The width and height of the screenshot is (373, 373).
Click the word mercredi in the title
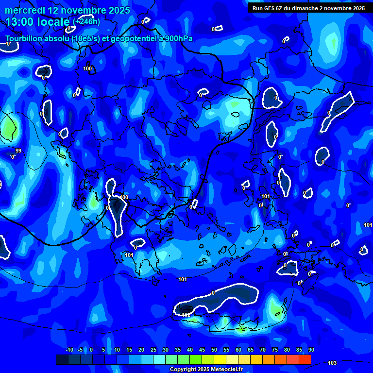pyautogui.click(x=24, y=10)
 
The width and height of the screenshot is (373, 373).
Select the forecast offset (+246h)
pyautogui.click(x=86, y=22)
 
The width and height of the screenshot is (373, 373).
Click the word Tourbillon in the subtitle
pyautogui.click(x=24, y=38)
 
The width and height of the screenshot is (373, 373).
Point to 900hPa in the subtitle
pyautogui.click(x=179, y=38)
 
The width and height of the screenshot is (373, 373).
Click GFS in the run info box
pyautogui.click(x=270, y=8)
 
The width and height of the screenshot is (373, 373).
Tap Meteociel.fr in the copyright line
pyautogui.click(x=223, y=370)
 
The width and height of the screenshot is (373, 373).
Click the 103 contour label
pyautogui.click(x=332, y=363)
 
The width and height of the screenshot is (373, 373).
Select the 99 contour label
pyautogui.click(x=18, y=151)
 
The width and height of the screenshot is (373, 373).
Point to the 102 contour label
pyautogui.click(x=186, y=315)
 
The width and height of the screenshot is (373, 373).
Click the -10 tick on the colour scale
pyautogui.click(x=69, y=350)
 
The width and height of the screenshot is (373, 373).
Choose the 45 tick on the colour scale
pyautogui.click(x=202, y=350)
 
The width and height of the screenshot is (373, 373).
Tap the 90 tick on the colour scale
pyautogui.click(x=311, y=350)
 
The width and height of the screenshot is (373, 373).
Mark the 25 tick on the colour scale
pyautogui.click(x=153, y=350)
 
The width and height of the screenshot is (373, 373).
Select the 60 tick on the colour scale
pyautogui.click(x=238, y=350)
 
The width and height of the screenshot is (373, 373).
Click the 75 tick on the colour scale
pyautogui.click(x=275, y=350)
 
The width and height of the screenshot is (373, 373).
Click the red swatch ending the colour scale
pyautogui.click(x=305, y=359)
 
